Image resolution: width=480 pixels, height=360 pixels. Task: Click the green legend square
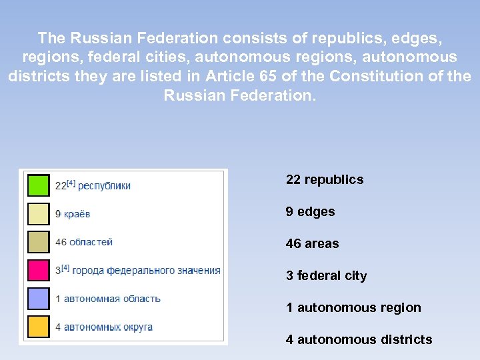tap(38, 185)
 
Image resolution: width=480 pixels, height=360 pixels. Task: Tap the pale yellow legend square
tap(38, 213)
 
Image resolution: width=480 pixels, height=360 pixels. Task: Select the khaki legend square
tap(38, 241)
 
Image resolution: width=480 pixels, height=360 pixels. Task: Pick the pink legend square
tap(38, 270)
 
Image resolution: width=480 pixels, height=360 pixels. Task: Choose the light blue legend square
tap(38, 298)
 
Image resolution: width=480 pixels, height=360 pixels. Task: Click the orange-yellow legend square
tap(38, 327)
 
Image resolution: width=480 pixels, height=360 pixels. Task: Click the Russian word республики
tap(104, 185)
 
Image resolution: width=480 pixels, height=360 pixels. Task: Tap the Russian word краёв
tap(77, 214)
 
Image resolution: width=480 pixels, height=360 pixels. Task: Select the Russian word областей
tap(91, 242)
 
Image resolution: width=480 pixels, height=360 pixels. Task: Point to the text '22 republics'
tap(324, 179)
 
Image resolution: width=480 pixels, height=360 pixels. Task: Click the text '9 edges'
tap(310, 211)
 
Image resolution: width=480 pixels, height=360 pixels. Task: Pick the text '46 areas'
tap(312, 243)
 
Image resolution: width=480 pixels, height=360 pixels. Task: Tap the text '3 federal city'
tap(326, 275)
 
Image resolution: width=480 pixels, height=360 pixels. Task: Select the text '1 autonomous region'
tap(353, 307)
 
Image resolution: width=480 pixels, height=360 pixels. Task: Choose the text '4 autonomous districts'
tap(359, 339)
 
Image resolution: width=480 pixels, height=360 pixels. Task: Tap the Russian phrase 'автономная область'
tap(112, 299)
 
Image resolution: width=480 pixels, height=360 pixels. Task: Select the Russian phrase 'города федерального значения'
tap(146, 270)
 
